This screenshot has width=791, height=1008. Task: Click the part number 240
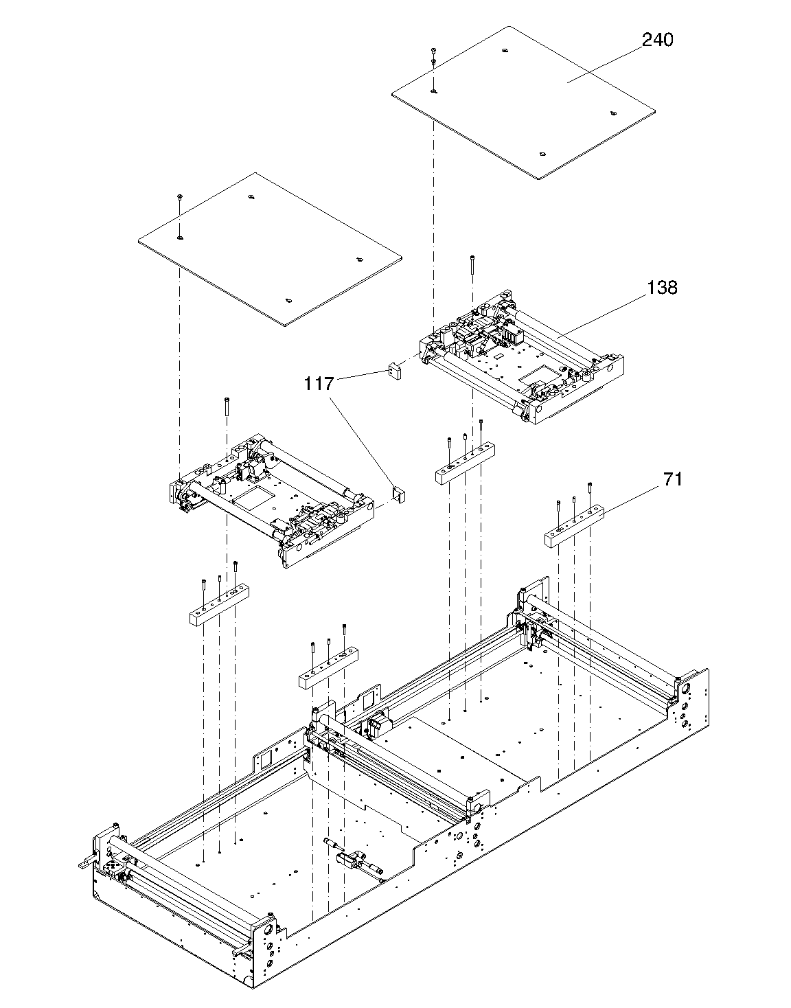657,40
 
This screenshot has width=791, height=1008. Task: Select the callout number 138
661,288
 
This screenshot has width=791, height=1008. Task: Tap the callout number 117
319,384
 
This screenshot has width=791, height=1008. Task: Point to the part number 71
672,479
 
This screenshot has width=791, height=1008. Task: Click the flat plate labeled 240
522,103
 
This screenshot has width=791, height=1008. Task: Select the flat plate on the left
268,247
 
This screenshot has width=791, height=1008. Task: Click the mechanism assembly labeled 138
522,357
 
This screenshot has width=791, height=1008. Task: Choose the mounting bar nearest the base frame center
328,672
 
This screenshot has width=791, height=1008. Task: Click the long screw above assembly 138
472,264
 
